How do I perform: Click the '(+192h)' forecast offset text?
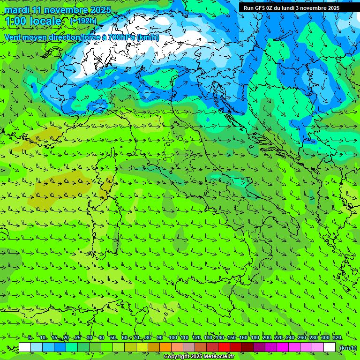tap(83, 21)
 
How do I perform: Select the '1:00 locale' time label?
tap(33, 21)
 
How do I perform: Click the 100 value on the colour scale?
tap(172, 338)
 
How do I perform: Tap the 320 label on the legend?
tap(337, 338)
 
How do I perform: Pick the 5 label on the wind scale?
tap(30, 338)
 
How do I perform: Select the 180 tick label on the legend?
tap(255, 338)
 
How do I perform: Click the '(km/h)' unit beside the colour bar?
tap(348, 347)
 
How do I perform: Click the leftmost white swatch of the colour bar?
tap(25, 347)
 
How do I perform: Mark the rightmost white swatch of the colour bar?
tap(330, 347)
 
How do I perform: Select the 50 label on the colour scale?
tap(113, 338)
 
